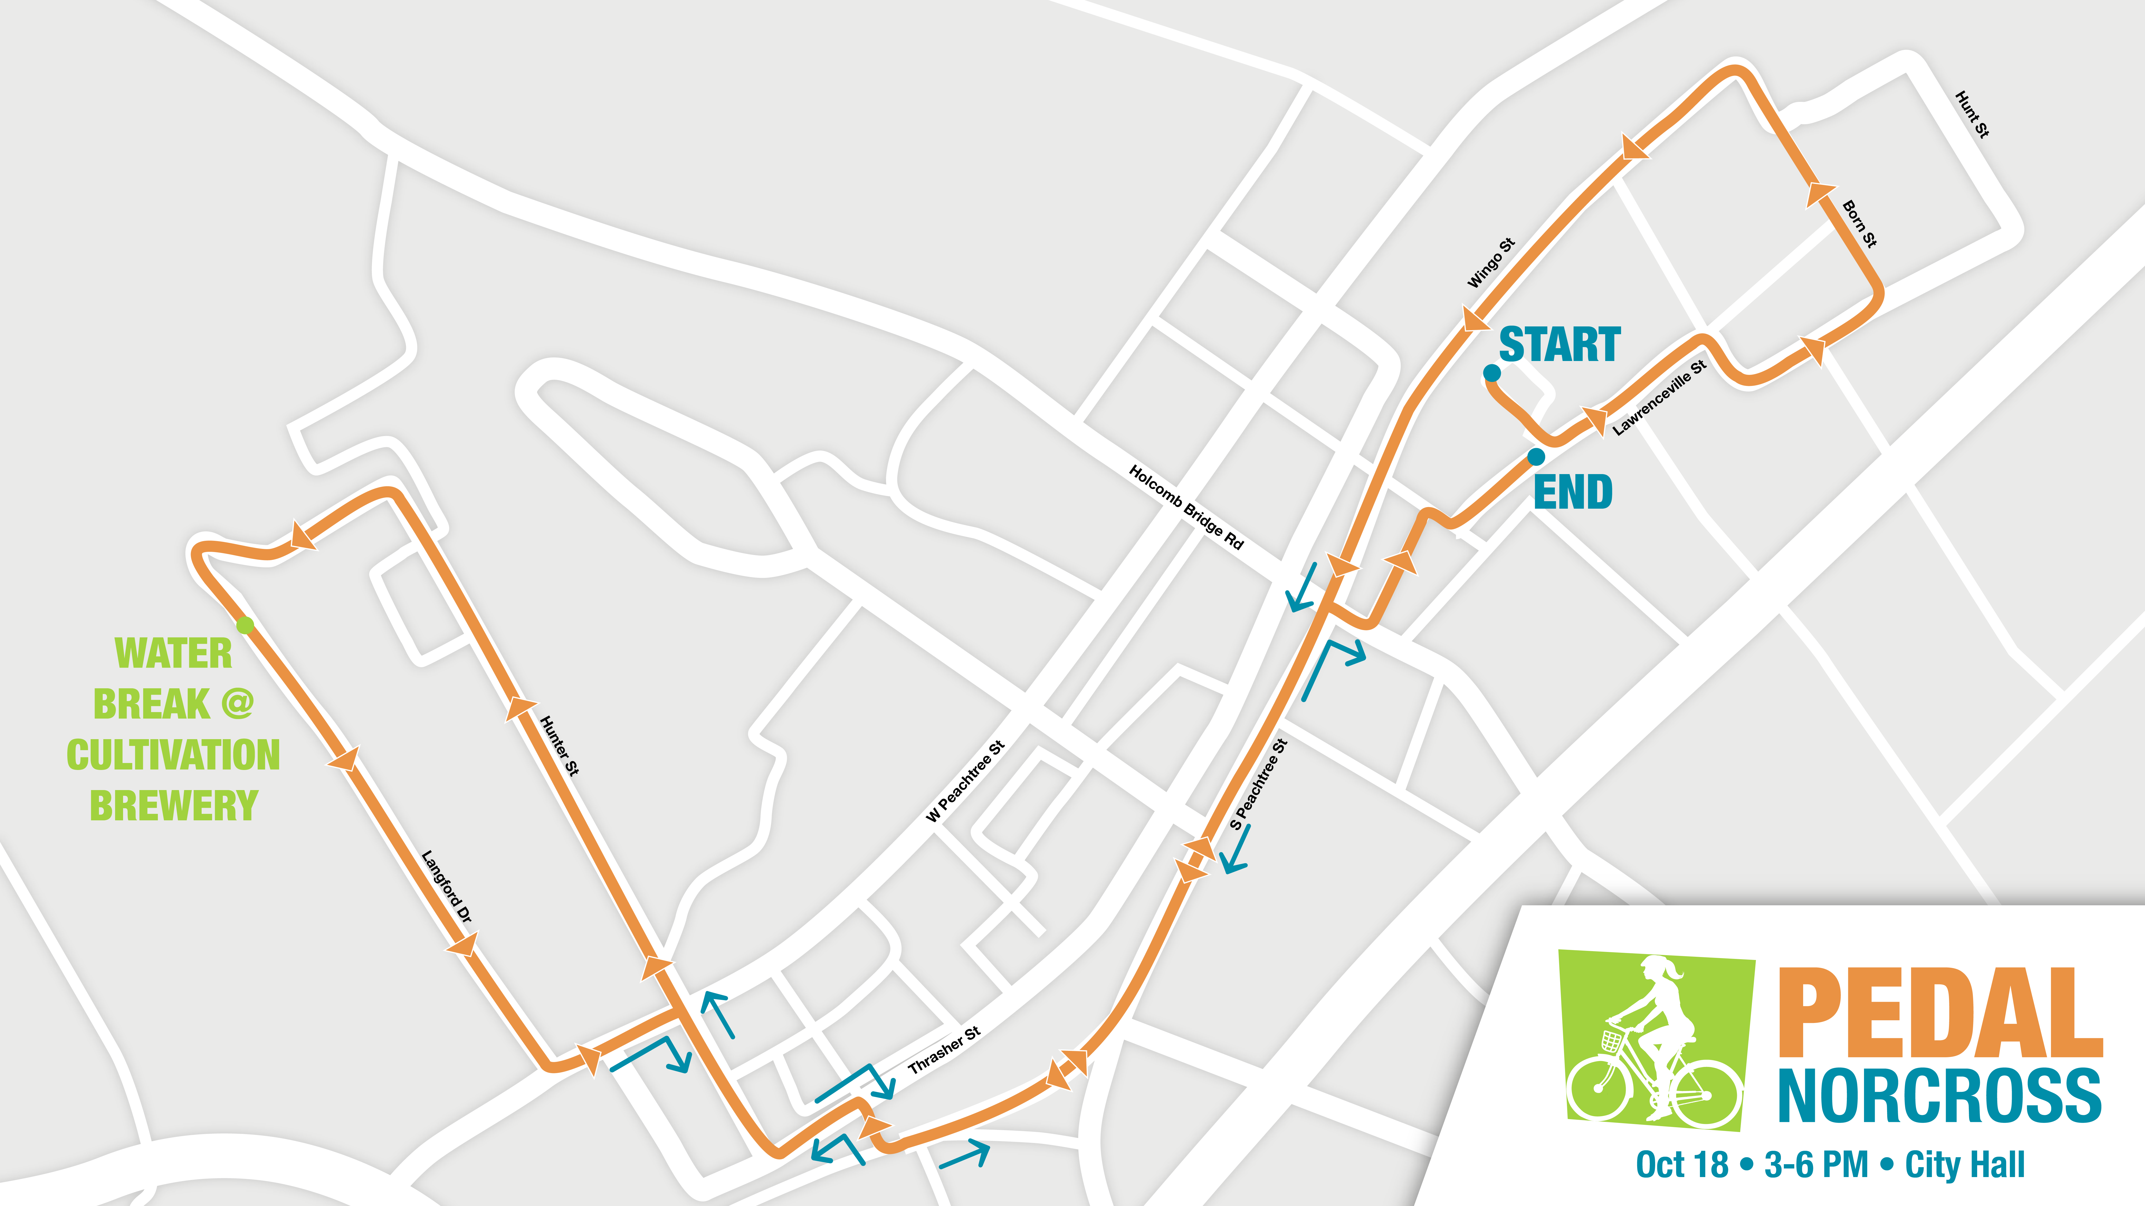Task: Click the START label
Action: click(x=1560, y=345)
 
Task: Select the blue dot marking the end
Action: click(x=1536, y=456)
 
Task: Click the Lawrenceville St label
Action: click(x=1659, y=398)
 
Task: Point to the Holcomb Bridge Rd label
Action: click(x=1186, y=507)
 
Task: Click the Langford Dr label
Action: click(x=447, y=886)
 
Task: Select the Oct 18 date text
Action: click(x=1682, y=1164)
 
